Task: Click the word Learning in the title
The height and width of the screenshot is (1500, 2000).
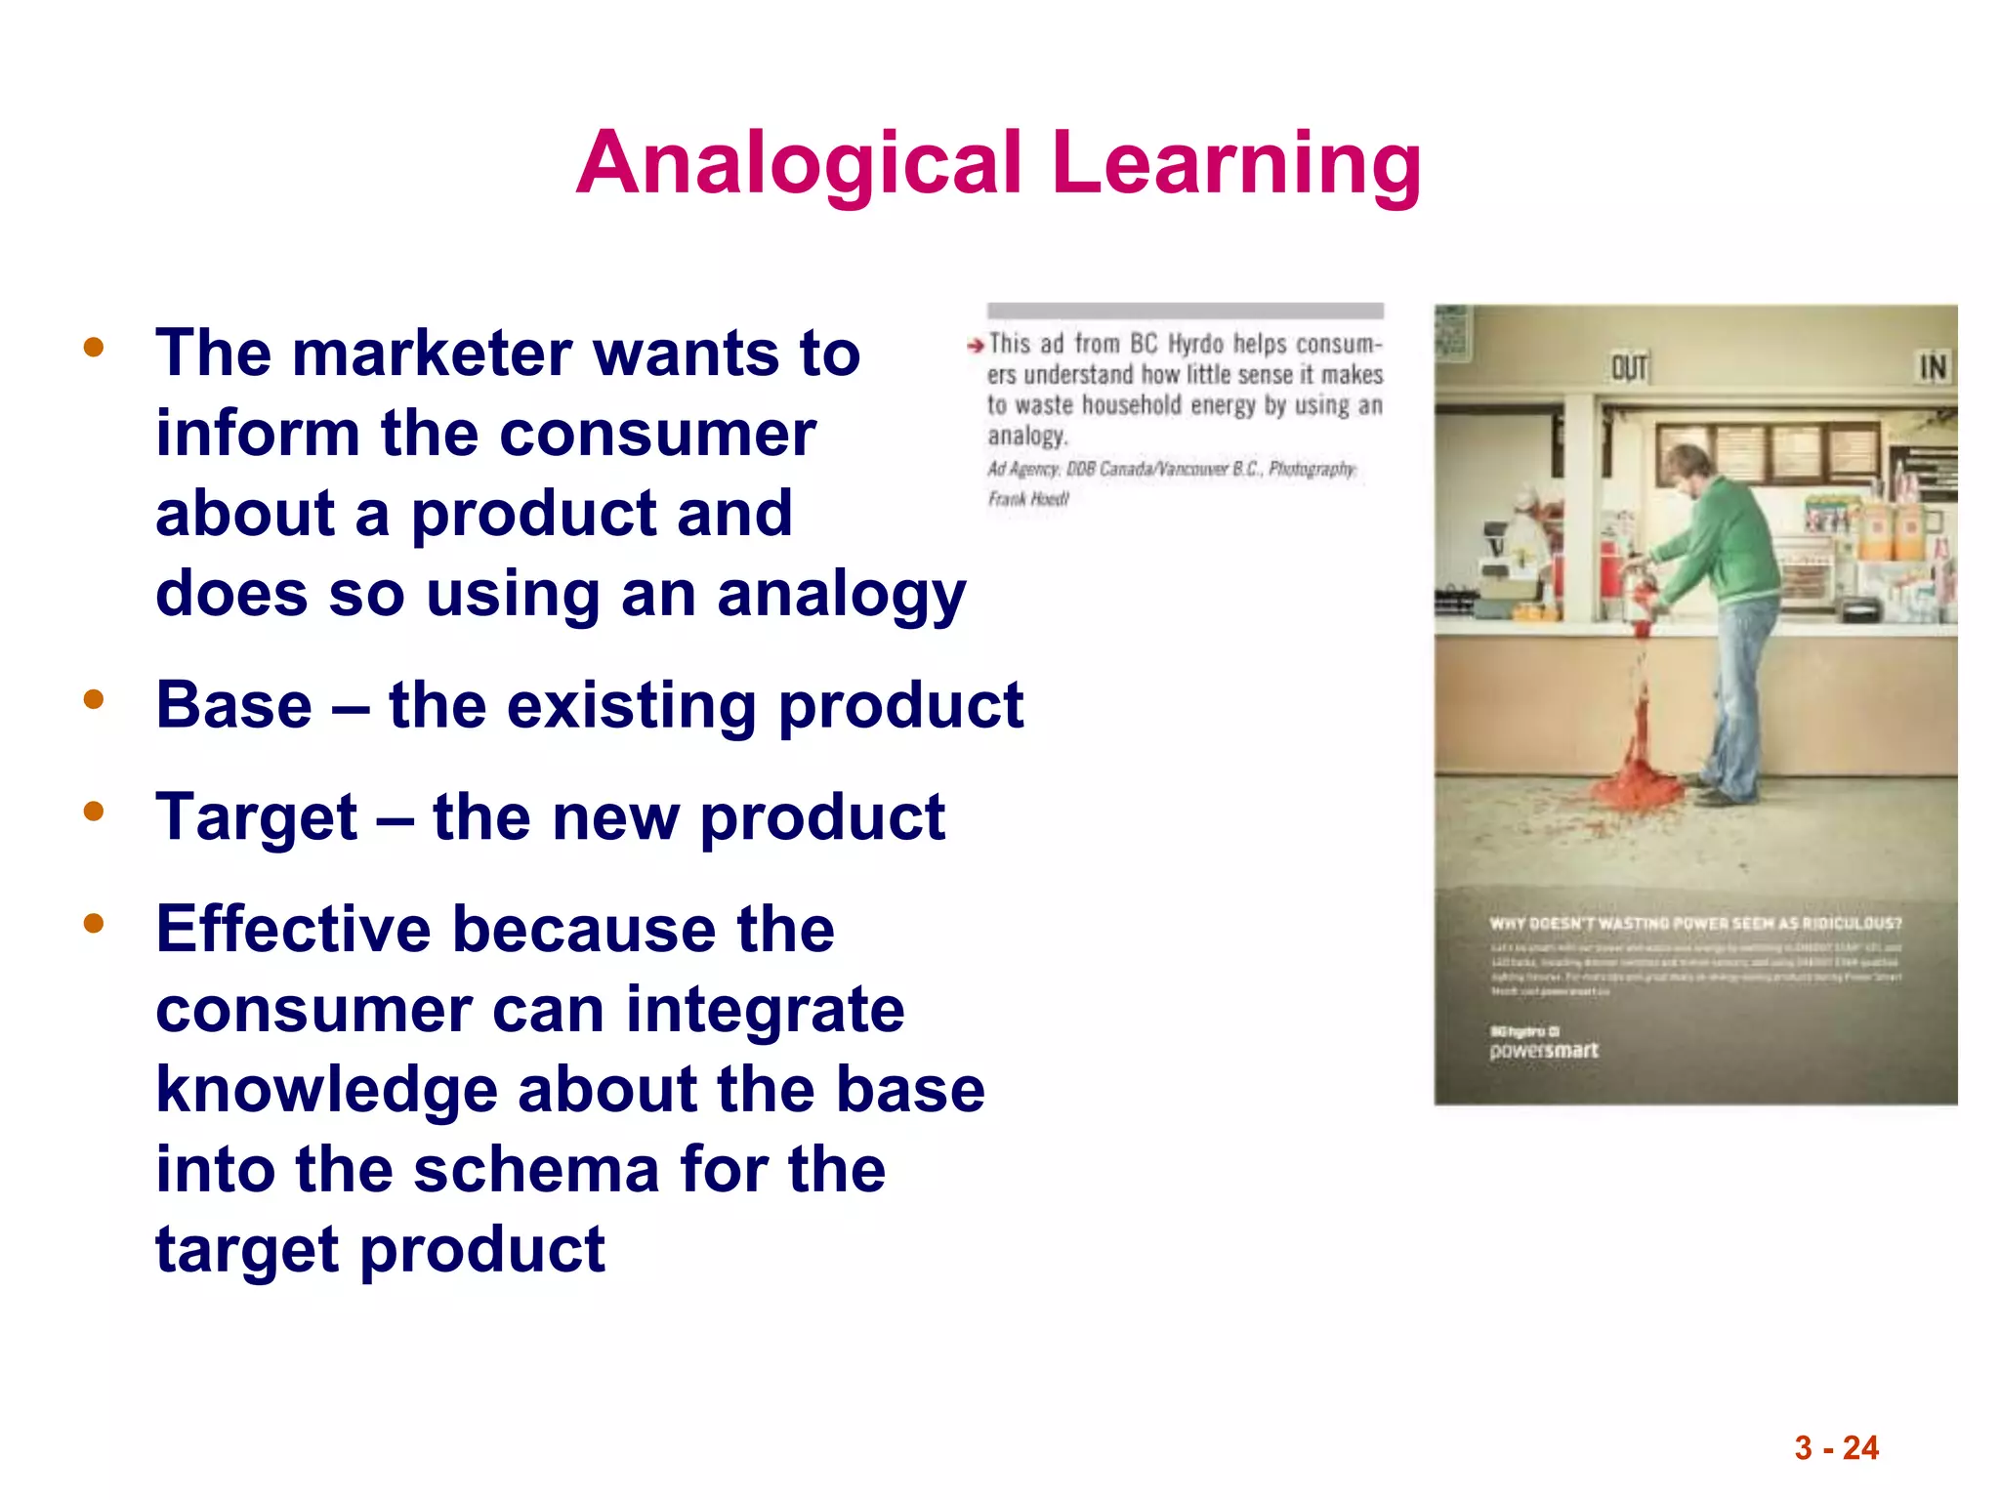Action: click(1236, 163)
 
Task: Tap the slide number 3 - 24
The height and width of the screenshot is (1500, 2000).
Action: click(1836, 1447)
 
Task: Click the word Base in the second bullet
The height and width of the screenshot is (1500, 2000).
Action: click(234, 705)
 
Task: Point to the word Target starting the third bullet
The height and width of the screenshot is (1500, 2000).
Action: click(257, 817)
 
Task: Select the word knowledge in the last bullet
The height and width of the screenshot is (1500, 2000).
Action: click(327, 1090)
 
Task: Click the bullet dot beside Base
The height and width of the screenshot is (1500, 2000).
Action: click(94, 699)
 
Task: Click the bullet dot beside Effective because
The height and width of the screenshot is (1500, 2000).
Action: click(94, 923)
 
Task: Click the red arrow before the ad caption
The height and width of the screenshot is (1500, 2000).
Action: click(975, 346)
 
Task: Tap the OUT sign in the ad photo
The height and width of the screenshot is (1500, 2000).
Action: click(1629, 368)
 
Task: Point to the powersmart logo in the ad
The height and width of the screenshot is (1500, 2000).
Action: click(1543, 1051)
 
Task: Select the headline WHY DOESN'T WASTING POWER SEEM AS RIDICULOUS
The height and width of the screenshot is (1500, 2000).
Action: click(1695, 923)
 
